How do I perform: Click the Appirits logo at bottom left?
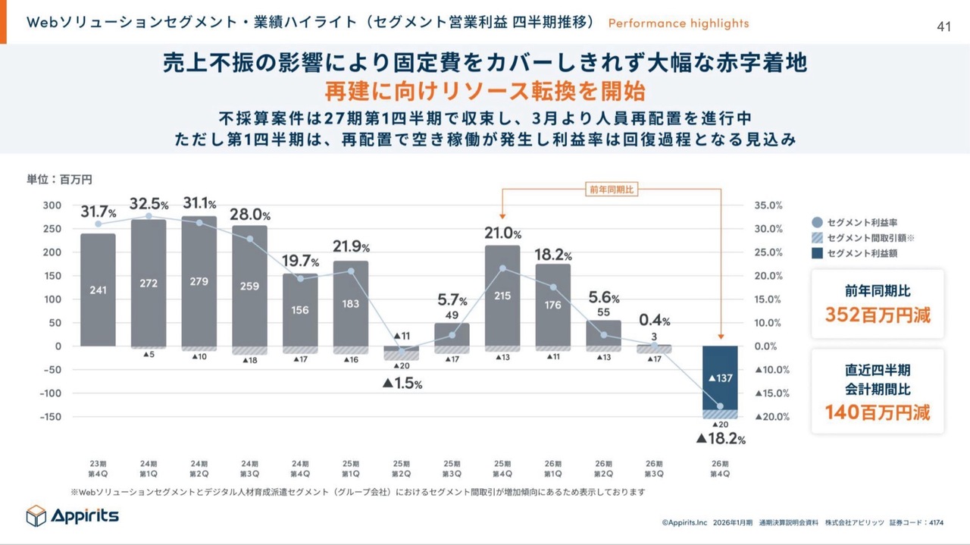click(73, 515)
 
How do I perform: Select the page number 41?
click(943, 27)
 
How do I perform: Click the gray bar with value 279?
click(199, 281)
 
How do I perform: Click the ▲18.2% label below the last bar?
click(721, 439)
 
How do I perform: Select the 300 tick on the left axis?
click(52, 205)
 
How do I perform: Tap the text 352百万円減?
click(877, 315)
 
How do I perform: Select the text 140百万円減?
click(877, 412)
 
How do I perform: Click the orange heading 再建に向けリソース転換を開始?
click(485, 92)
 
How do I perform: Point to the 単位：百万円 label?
click(60, 179)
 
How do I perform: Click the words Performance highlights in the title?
click(678, 23)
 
